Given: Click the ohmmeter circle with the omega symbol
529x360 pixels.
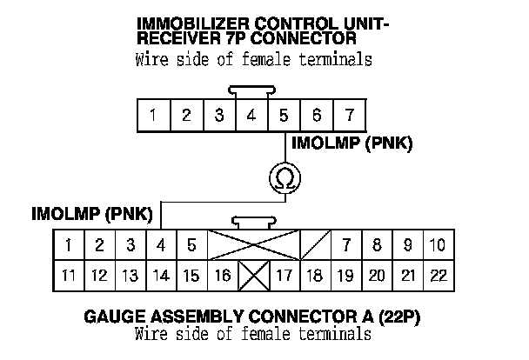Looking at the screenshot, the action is (x=285, y=178).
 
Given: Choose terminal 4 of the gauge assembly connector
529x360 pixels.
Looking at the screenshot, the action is (x=161, y=246).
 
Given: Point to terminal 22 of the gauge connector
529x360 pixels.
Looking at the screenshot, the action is (x=438, y=277).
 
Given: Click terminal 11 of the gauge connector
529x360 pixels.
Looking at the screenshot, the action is (x=69, y=277).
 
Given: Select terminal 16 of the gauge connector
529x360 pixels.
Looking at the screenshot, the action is (x=222, y=277).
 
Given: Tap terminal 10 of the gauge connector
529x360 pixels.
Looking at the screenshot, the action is (x=438, y=246).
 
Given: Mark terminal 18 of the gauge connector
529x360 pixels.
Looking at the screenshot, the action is (x=315, y=277).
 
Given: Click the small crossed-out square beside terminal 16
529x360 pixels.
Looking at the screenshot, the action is (x=253, y=277).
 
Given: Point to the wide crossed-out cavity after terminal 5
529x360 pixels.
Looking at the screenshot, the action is (x=253, y=246).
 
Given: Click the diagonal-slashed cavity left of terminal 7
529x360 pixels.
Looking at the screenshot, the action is (x=315, y=246).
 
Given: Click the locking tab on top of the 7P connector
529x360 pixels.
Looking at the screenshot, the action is (x=251, y=90).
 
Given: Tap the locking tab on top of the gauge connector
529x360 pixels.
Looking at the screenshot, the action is (x=253, y=223).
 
